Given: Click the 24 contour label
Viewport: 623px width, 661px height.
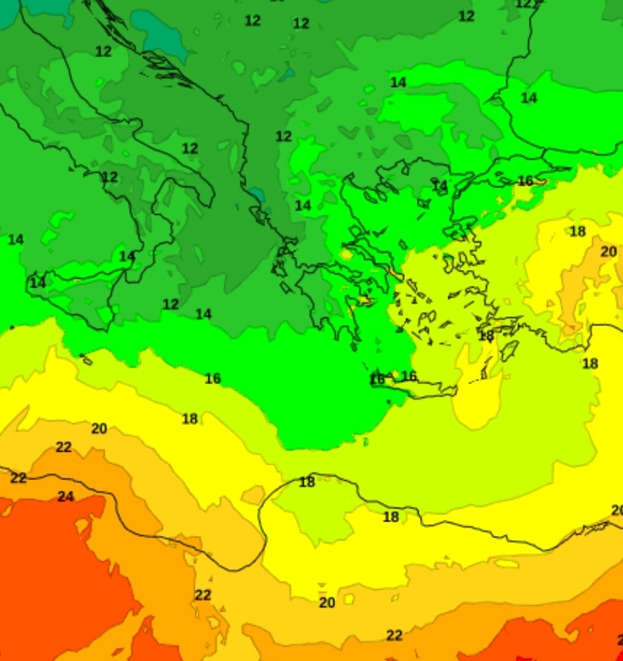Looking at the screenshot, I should (x=66, y=497).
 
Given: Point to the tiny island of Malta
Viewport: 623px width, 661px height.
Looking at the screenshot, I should (x=87, y=360).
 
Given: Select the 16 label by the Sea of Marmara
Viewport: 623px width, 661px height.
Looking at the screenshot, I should (x=526, y=181).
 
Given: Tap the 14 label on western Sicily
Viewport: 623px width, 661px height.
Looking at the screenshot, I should (x=37, y=283).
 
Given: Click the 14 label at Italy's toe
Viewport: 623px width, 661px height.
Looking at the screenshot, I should (x=127, y=256).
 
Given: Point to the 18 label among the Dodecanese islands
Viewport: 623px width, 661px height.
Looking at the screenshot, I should (x=486, y=336).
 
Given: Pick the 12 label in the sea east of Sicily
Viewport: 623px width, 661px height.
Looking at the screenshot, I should (x=171, y=304).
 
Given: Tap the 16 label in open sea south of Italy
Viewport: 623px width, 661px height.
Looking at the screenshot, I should (x=213, y=379).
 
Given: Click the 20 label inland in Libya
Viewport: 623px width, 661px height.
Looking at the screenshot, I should (x=327, y=603).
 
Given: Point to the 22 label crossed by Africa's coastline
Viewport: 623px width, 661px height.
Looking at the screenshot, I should (x=19, y=478).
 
